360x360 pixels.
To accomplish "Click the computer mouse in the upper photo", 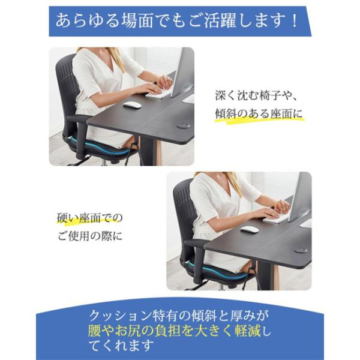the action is click(x=132, y=105).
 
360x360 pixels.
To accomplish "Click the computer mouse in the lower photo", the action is click(x=250, y=229).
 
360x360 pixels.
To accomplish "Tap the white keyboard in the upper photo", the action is click(x=158, y=92).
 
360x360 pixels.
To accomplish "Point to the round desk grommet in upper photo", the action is click(x=183, y=125).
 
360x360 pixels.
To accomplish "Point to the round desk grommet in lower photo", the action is click(x=301, y=250).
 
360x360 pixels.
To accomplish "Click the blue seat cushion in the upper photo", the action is click(x=101, y=147).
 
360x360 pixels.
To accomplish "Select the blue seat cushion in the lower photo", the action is click(x=218, y=271).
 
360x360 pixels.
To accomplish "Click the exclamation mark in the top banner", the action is click(x=295, y=21).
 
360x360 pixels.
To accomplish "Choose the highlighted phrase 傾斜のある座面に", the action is click(x=259, y=114).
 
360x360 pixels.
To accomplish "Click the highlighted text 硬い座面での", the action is click(x=90, y=218).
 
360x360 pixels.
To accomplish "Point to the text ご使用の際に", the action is click(x=90, y=236).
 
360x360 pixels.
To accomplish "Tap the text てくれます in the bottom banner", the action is click(x=121, y=346).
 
